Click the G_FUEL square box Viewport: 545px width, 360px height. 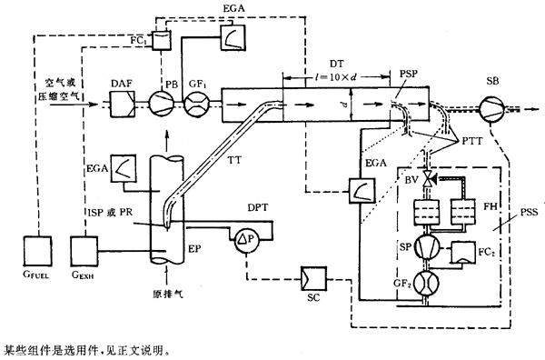point(37,251)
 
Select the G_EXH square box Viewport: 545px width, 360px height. point(84,251)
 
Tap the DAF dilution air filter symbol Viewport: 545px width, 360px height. point(123,104)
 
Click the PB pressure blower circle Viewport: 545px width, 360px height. point(162,104)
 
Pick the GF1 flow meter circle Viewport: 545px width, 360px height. point(196,104)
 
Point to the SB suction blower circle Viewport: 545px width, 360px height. point(491,109)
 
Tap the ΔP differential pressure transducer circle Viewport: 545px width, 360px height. point(246,240)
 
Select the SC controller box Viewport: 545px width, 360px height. point(313,278)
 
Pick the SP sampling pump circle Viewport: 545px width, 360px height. point(427,246)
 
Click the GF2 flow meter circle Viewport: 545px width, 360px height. point(427,284)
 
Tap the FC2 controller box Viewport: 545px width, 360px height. point(463,252)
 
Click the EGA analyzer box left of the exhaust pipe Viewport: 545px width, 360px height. point(124,168)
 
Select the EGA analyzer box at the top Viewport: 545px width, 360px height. point(233,37)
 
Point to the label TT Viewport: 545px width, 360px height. point(234,160)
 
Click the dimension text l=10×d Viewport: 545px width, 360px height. point(336,77)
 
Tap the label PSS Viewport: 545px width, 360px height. point(529,212)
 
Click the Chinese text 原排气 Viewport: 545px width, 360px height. point(168,294)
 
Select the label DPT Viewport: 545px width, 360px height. point(258,207)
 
